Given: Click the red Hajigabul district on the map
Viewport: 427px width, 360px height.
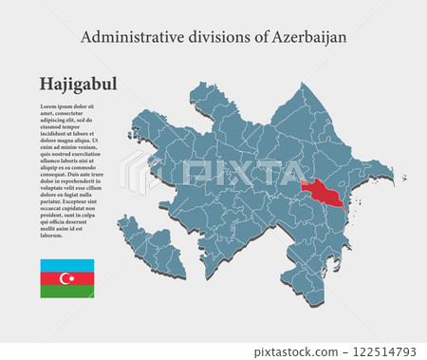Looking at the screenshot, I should tap(323, 193).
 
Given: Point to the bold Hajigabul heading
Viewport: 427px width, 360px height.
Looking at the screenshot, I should tap(78, 84).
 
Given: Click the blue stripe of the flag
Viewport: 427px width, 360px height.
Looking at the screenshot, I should tap(66, 265).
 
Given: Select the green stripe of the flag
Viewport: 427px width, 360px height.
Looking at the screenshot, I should tap(66, 291).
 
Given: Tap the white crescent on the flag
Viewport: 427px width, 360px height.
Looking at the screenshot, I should tap(65, 278).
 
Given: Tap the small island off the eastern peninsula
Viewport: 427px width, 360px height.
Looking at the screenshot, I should tap(403, 177).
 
